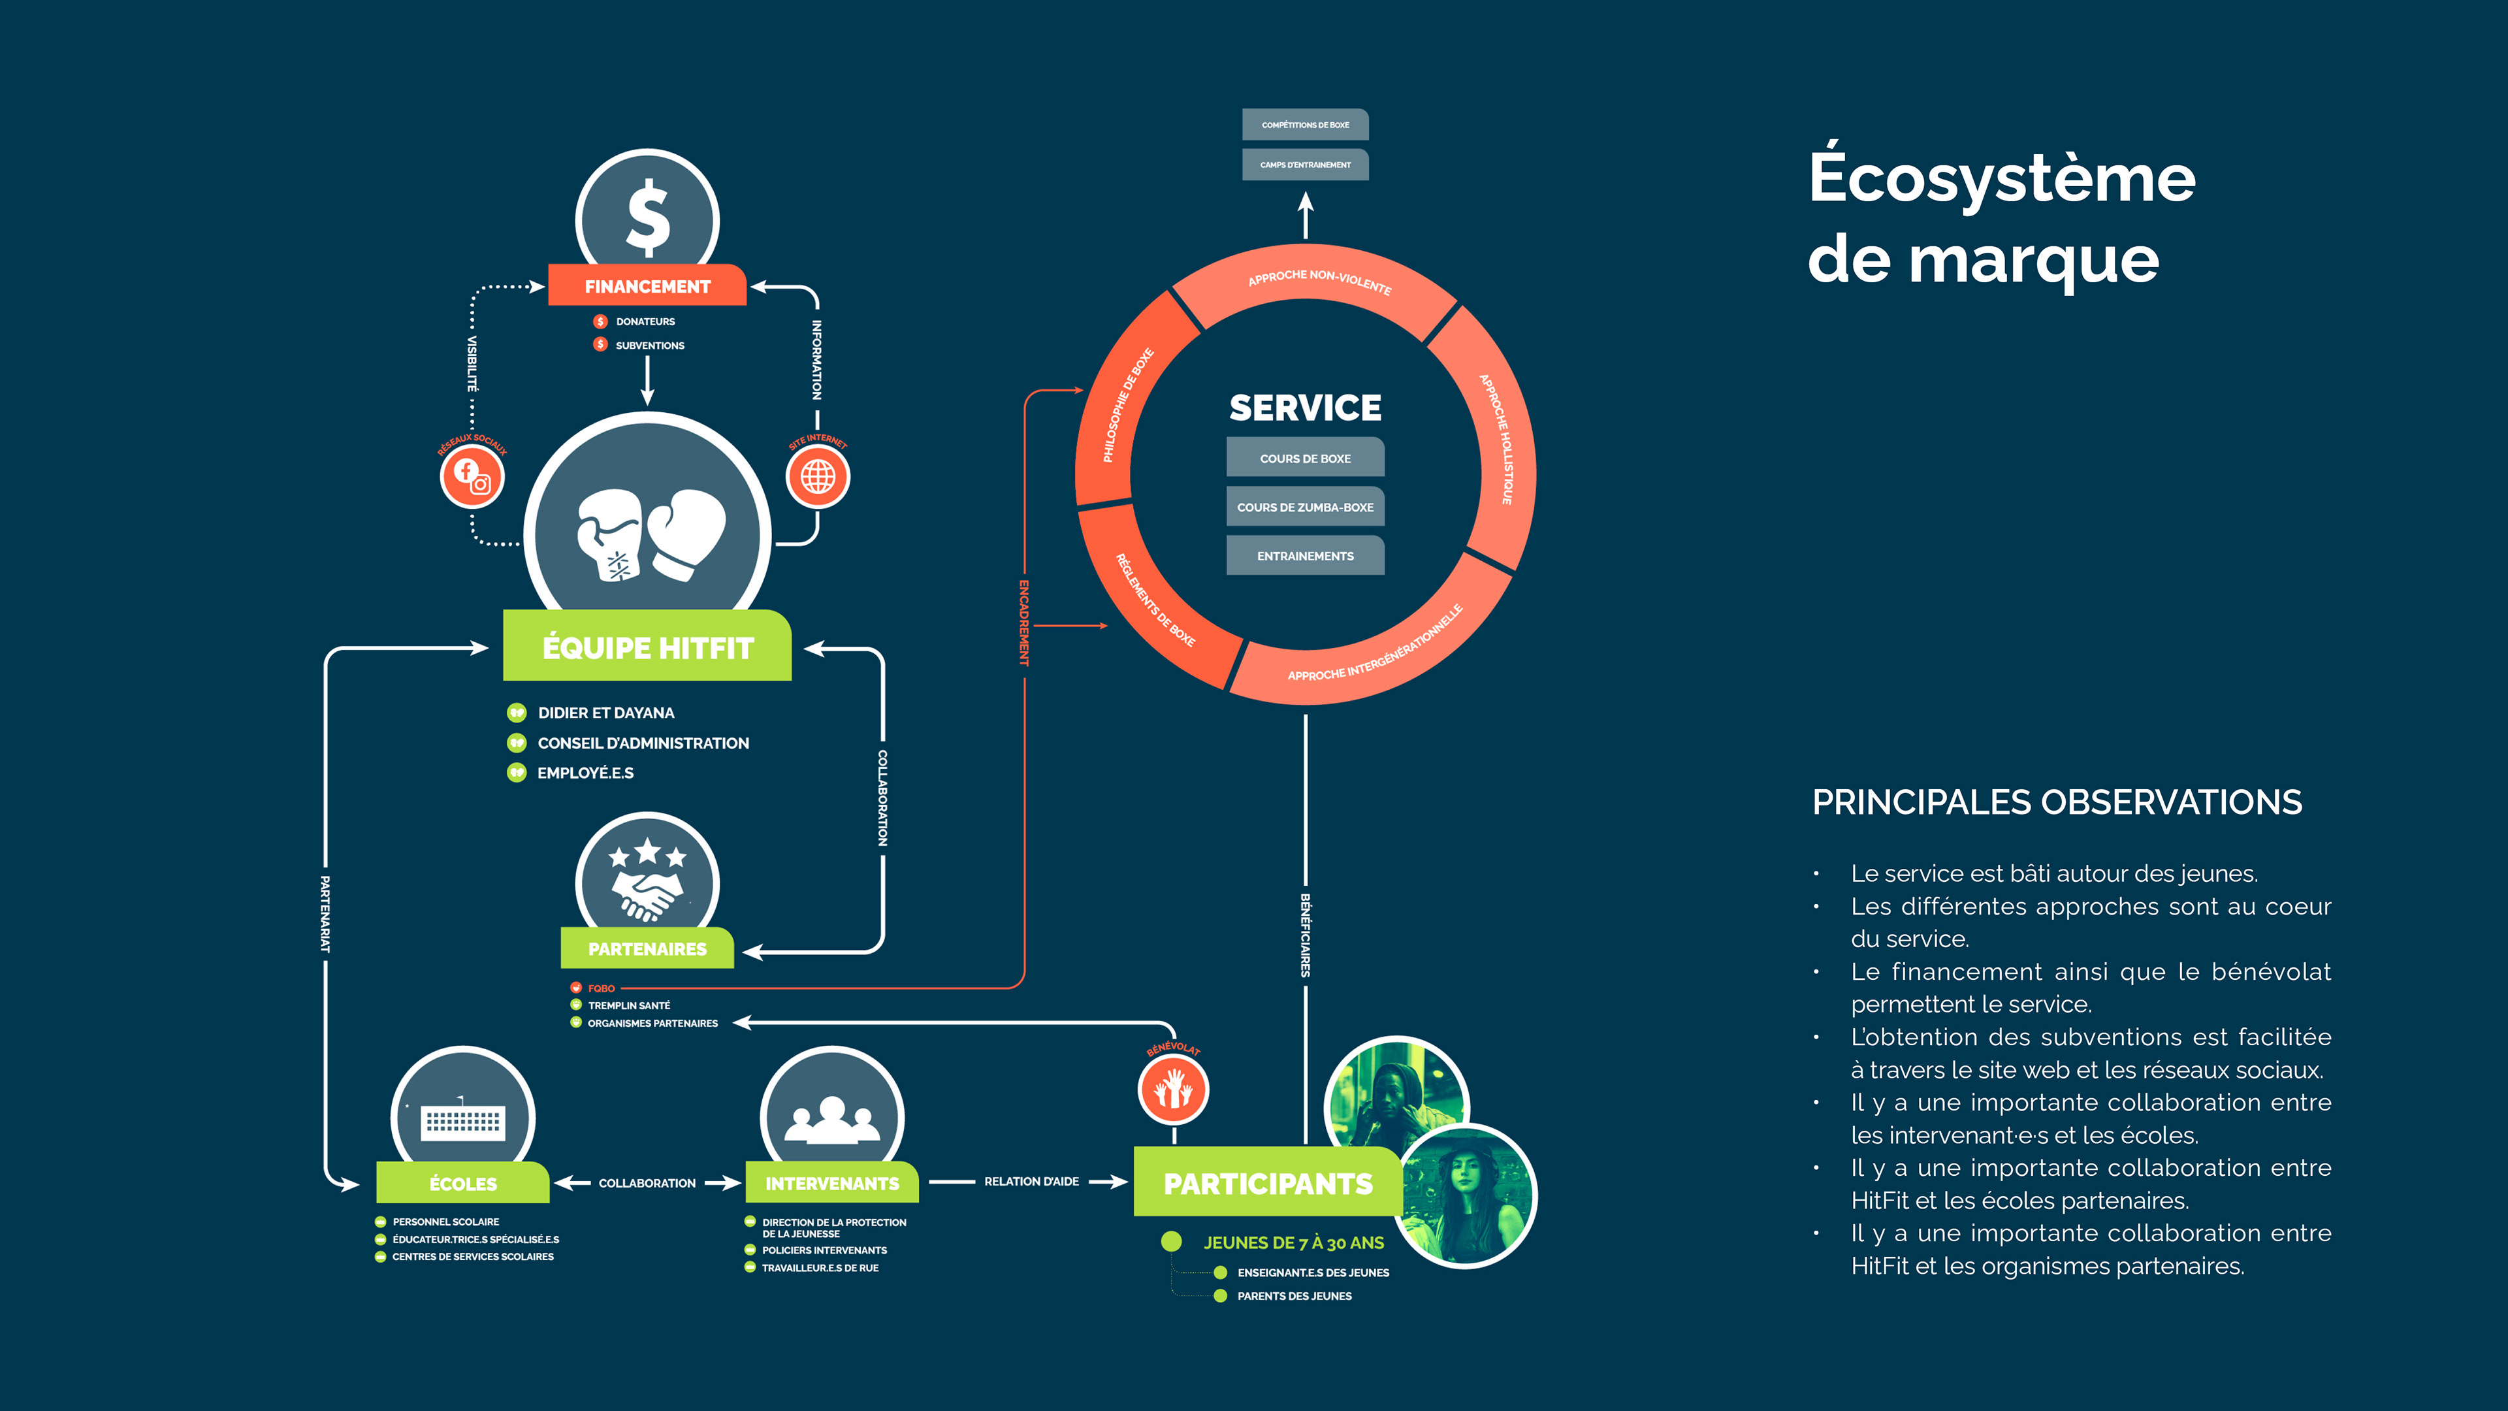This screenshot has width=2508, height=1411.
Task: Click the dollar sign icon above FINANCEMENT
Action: coord(647,216)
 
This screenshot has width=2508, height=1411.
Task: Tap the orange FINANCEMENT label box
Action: coord(647,285)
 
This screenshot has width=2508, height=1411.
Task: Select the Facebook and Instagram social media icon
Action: coord(472,476)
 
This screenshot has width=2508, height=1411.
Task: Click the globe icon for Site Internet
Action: coord(818,476)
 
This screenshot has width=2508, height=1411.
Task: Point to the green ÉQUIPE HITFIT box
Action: coord(647,647)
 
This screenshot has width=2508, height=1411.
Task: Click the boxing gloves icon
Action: coord(651,534)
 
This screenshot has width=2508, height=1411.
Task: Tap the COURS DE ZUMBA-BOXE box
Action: coord(1305,506)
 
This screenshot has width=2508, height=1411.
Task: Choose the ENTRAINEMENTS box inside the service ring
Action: coord(1305,555)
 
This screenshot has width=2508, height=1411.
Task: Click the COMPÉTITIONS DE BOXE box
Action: coord(1305,125)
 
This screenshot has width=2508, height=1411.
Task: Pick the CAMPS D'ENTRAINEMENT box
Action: coord(1305,165)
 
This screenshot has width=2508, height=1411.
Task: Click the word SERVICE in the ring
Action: coord(1305,407)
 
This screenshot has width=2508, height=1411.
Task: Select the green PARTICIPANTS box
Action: coord(1268,1183)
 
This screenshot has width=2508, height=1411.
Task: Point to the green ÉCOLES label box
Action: coord(464,1183)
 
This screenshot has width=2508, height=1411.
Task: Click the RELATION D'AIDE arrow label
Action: coord(1031,1181)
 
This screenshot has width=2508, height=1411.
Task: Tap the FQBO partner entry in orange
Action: coord(601,988)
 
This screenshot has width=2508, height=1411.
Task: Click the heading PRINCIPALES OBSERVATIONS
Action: coord(2056,802)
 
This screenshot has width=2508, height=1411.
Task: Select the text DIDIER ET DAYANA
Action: coord(605,713)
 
